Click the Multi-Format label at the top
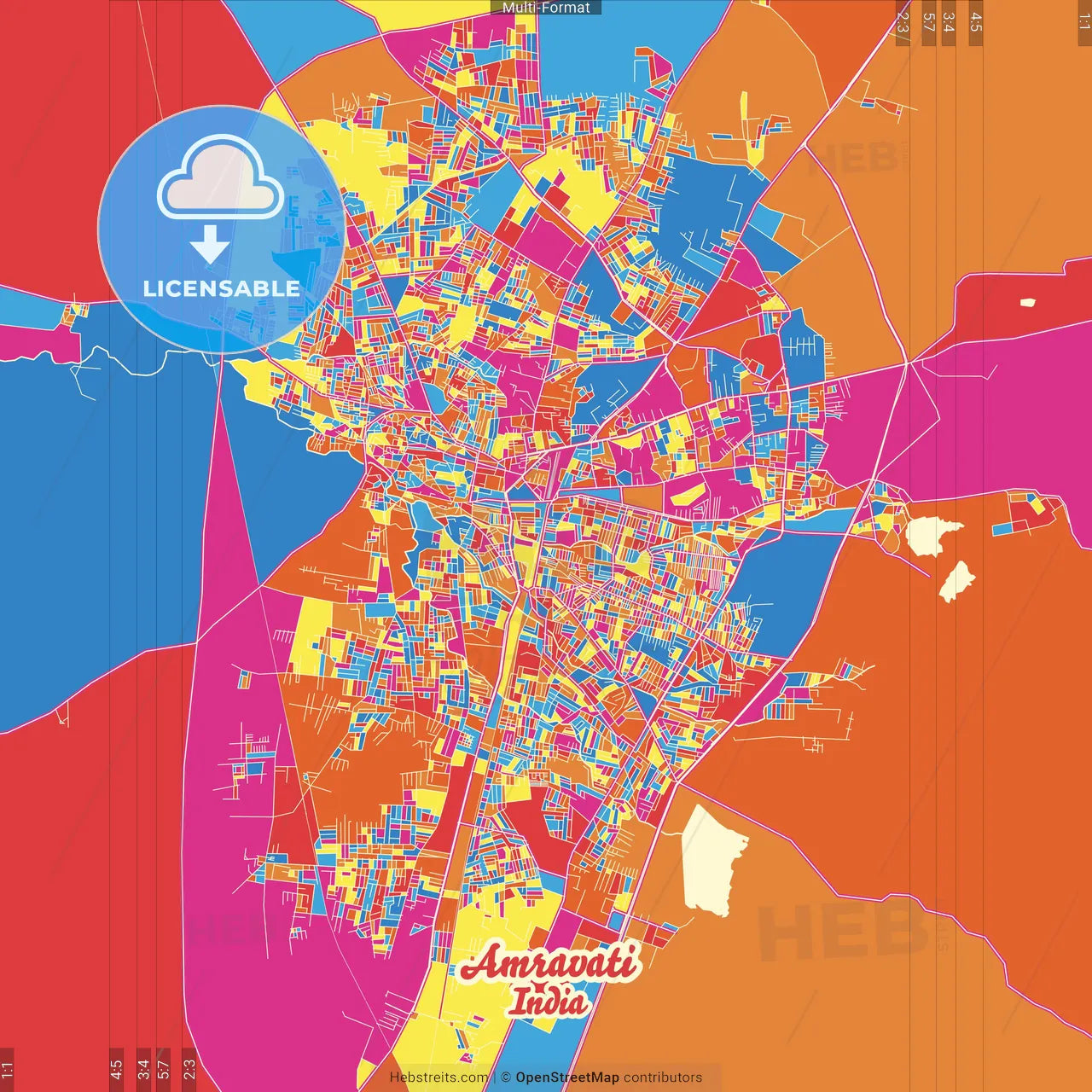[546, 8]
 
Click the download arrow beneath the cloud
[210, 245]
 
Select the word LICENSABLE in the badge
[222, 288]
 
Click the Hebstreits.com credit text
[439, 1077]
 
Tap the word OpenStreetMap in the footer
[567, 1077]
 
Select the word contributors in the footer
[663, 1077]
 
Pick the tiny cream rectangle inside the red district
[1027, 302]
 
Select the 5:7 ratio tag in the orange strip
[928, 23]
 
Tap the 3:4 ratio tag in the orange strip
[949, 23]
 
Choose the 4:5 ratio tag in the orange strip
[975, 23]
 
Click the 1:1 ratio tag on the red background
[7, 1068]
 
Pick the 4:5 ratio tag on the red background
[116, 1068]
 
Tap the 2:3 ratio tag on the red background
[189, 1068]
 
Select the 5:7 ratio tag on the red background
[164, 1068]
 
